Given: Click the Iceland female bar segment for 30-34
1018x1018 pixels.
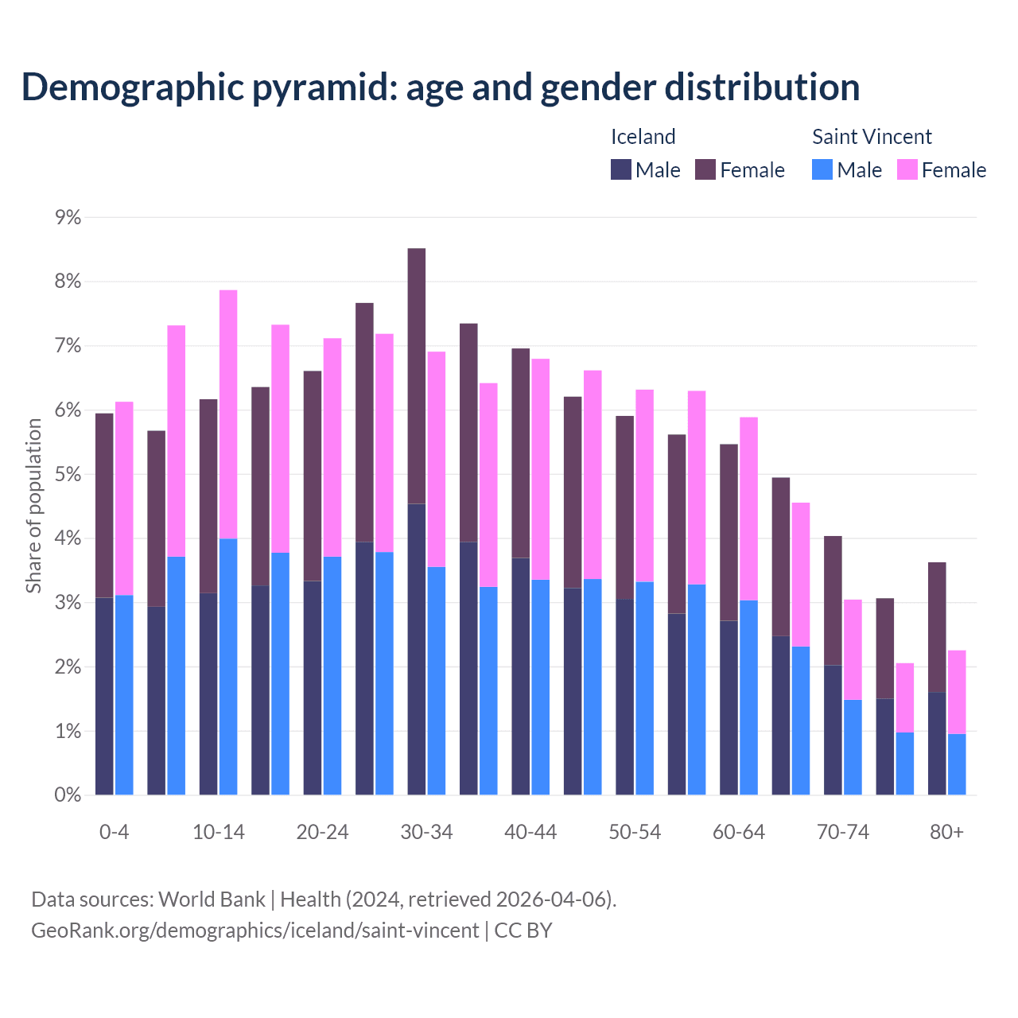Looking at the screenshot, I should [x=416, y=376].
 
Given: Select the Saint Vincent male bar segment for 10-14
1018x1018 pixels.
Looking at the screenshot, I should [x=228, y=666].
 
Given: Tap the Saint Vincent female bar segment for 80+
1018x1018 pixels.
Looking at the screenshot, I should [x=957, y=692].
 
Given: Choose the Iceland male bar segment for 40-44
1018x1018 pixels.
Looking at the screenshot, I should [x=521, y=676].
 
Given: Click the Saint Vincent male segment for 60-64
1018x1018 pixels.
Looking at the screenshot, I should [x=748, y=697].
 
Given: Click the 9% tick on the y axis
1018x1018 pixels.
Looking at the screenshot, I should [x=68, y=217].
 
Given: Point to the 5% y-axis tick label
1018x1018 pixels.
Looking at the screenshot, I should [x=68, y=474].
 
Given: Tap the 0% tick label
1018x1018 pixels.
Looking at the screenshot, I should [x=68, y=795].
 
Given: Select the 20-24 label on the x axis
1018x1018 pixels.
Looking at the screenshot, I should [x=322, y=832].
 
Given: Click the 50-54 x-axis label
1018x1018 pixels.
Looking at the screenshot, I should [x=635, y=832].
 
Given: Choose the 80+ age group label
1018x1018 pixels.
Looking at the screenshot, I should [x=946, y=832].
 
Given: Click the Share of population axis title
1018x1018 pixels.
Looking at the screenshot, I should [x=33, y=506].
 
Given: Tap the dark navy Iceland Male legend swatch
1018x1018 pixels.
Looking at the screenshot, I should [x=621, y=169].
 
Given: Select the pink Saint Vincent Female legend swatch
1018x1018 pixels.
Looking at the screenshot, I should [x=907, y=169].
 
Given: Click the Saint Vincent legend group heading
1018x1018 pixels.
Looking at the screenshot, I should [x=872, y=137].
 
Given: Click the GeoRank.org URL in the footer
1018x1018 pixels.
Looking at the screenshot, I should [x=254, y=930].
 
